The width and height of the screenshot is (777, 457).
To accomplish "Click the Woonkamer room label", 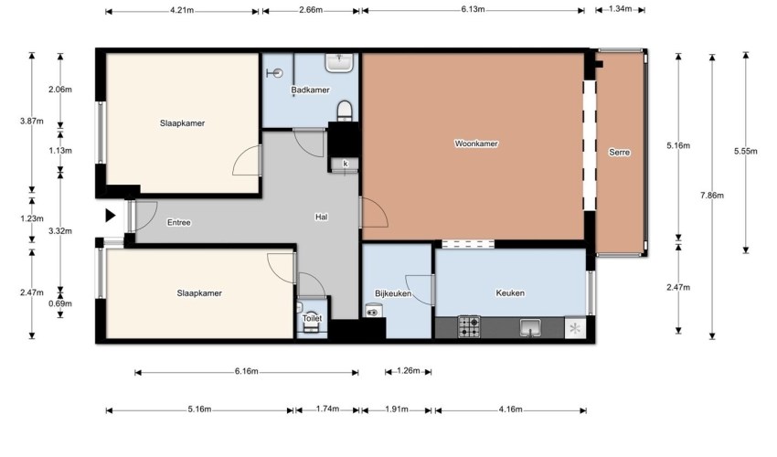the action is coord(476,143).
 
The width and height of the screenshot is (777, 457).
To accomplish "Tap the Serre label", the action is coord(620,152).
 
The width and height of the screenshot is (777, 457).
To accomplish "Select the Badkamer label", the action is coord(310,90).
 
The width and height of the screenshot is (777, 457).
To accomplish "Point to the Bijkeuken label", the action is coord(393,293).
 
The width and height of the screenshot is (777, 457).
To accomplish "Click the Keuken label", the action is coord(510,292).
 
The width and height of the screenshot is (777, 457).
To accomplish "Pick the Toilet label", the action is coord(313,318).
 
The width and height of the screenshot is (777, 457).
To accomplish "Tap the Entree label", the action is coord(179,222).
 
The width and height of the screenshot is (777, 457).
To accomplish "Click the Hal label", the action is coord(321,217).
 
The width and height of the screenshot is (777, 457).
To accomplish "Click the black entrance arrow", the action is coord(111,216).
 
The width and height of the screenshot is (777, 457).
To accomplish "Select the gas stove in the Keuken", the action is coord(469,327).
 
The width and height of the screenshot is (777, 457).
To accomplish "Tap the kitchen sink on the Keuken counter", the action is coord(530,327).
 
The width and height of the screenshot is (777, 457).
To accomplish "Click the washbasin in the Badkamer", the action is coord(339,62).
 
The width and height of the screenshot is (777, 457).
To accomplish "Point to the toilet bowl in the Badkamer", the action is coord(345,111).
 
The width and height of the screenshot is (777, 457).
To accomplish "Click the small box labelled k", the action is coord(346,165).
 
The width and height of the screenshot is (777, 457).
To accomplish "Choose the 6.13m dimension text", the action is coord(474,9).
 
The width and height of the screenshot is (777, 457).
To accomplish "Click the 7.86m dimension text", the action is coord(712,196).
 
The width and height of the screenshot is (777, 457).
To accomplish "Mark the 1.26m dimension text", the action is coord(409,371).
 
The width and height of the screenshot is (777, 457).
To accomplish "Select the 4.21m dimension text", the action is coord(182,10).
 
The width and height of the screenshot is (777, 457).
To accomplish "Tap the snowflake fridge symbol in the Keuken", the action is coord(575,328).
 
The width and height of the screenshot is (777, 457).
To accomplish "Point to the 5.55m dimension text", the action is coord(746,151).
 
